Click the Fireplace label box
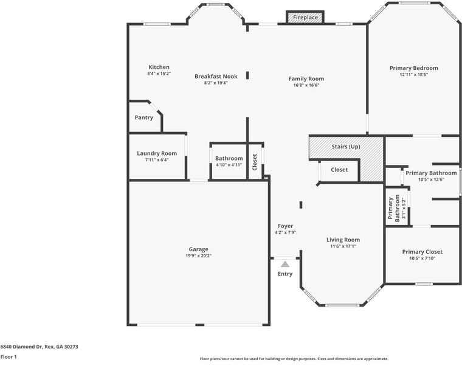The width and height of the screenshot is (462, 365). coord(305,18)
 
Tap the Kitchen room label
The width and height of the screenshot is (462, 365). coord(159,67)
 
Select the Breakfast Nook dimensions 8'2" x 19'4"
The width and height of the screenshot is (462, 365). coord(215,83)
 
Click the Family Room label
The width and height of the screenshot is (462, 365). coord(306,78)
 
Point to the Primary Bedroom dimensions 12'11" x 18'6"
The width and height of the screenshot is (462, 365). coord(413,74)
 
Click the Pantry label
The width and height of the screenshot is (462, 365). coord(144,117)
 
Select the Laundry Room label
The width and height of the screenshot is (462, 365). coord(157,153)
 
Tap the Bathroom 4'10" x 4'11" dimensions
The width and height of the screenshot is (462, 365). coord(229,165)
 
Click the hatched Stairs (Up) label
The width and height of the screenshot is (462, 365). coord(345,147)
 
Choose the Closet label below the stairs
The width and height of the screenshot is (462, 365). coord(339,170)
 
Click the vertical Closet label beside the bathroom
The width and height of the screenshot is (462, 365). coord(255,161)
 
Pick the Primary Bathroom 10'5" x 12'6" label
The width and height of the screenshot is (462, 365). coord(431,173)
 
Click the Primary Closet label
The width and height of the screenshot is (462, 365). coord(422,252)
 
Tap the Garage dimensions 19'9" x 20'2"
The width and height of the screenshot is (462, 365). coord(198,256)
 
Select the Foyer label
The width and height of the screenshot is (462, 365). coord(285,226)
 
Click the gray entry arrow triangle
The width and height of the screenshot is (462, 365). coord(285,263)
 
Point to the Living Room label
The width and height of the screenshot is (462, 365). coord(343,240)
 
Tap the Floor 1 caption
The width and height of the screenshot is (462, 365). coord(9,357)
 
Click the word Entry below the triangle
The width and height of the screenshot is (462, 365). coord(285,274)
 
